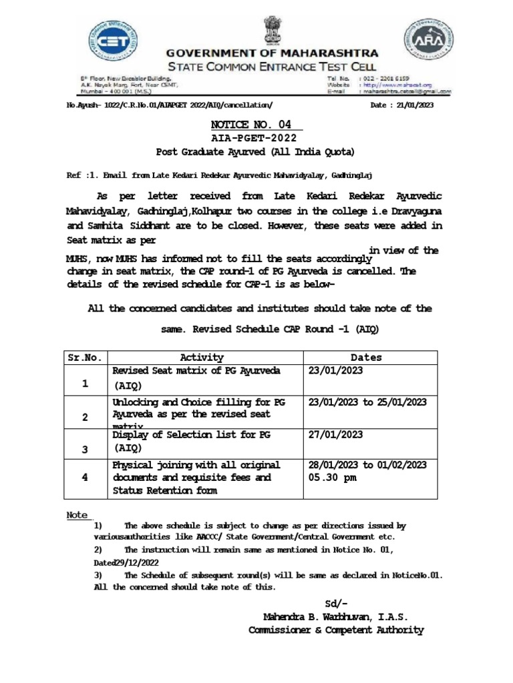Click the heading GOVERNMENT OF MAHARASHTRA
(272, 53)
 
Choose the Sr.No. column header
(85, 358)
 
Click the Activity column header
(202, 358)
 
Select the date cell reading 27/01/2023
(336, 434)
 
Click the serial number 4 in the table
(85, 478)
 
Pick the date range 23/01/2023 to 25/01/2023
(367, 402)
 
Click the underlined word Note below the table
(78, 515)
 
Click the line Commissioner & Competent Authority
(336, 630)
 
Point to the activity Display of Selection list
(186, 434)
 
